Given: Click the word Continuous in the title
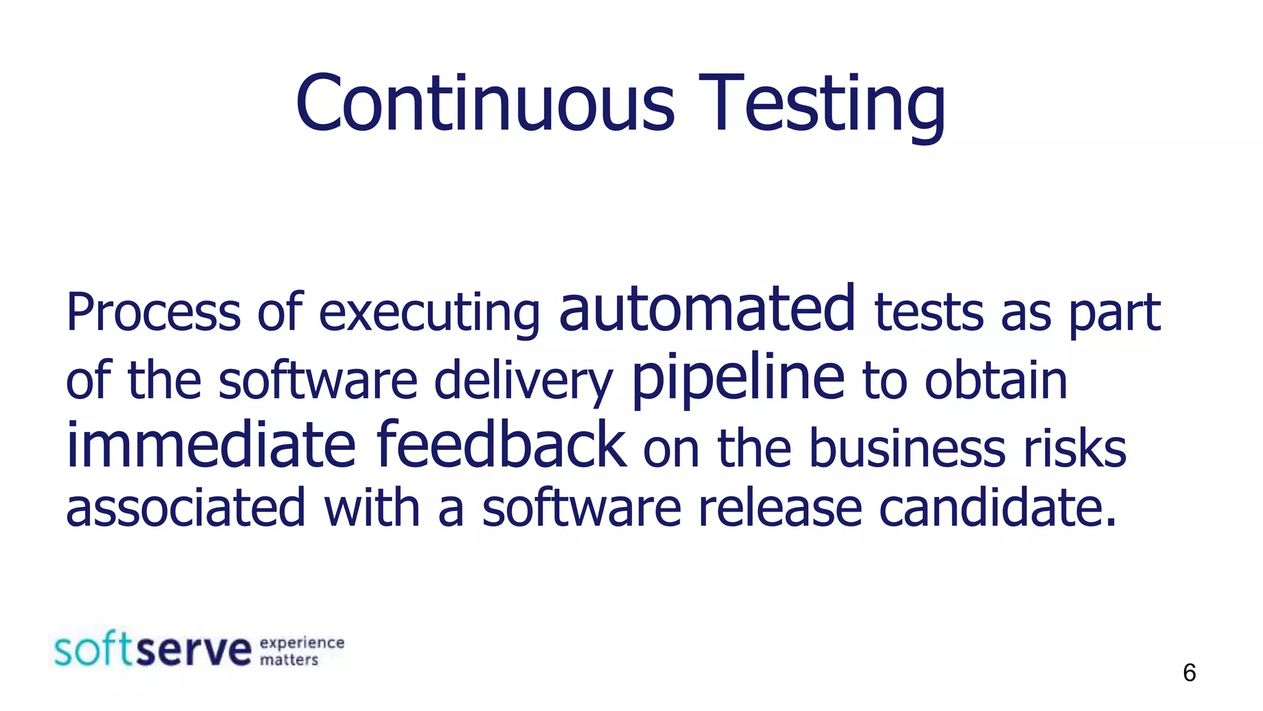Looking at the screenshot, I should click(485, 104).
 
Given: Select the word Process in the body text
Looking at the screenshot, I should click(153, 313).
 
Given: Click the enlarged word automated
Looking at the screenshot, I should click(707, 309).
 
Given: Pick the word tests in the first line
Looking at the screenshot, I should click(929, 313).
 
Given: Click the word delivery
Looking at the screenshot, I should click(524, 381).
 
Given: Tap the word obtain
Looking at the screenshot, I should click(995, 381).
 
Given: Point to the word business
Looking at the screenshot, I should click(907, 449).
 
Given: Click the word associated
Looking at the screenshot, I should click(186, 508).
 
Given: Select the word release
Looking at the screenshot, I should click(780, 508).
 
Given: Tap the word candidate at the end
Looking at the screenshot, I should click(997, 508).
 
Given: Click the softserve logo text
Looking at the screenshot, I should click(153, 649).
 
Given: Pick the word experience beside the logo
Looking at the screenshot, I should click(302, 642).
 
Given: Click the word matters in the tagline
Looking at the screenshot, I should click(289, 660).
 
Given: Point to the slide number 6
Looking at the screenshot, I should click(1189, 673).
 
